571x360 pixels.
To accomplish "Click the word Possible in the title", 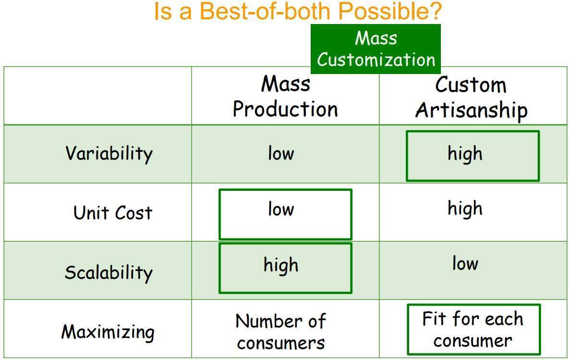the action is pos(389,11).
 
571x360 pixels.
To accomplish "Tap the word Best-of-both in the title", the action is pos(265,11).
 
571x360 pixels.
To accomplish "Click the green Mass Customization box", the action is pos(376,49).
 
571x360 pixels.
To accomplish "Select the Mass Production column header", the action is pos(285,97).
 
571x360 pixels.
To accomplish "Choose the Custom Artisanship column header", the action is pos(471,97).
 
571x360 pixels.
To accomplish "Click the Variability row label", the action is pos(109,153).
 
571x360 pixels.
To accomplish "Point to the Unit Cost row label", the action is pos(113,213).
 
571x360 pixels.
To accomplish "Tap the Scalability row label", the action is pos(109,273).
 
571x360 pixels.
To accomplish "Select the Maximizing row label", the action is pos(108,332).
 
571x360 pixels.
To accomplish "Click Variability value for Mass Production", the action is pos(281,153).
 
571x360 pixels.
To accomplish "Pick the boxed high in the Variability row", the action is pos(473,156).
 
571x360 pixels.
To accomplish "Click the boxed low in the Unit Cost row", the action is pos(285,214).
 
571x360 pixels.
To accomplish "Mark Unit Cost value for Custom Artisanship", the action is pos(465,209).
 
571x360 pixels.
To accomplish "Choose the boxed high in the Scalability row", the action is pos(285,268).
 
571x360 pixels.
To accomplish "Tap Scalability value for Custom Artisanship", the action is pos(465,263).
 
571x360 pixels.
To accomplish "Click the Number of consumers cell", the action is pos(281,332).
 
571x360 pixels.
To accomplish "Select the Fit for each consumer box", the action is pos(474,329).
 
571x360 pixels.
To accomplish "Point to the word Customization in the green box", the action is pos(376,60).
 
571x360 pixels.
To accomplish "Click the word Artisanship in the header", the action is pos(471,111).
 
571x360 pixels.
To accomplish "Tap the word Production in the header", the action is pos(285,109).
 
